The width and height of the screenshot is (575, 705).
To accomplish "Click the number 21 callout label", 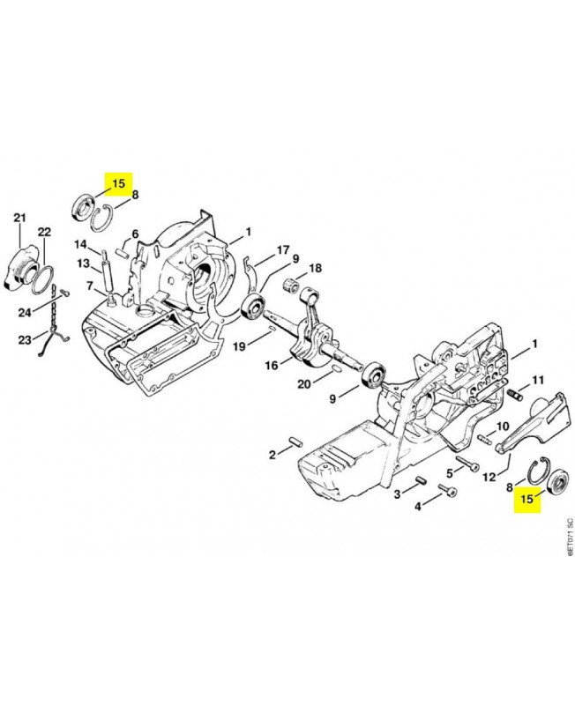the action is click(x=19, y=218).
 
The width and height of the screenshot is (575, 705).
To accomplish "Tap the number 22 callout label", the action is click(x=44, y=233).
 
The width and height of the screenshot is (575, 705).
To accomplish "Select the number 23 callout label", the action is click(x=25, y=340).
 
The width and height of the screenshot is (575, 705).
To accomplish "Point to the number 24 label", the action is click(x=25, y=312).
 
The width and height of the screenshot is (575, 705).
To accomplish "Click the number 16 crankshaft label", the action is click(x=272, y=365).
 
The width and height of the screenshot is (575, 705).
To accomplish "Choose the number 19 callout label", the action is click(x=239, y=346).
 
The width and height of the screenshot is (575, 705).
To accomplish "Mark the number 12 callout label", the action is click(x=489, y=476).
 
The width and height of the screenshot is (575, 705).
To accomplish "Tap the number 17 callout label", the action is click(x=282, y=249).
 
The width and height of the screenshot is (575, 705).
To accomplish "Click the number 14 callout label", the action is click(x=80, y=245).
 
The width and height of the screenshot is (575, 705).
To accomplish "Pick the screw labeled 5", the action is click(x=467, y=464).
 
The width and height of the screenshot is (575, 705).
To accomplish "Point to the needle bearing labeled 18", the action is click(x=294, y=285).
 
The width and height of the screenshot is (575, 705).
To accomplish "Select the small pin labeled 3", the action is click(x=422, y=480).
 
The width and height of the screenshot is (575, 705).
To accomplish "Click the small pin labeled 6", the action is click(x=122, y=252).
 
